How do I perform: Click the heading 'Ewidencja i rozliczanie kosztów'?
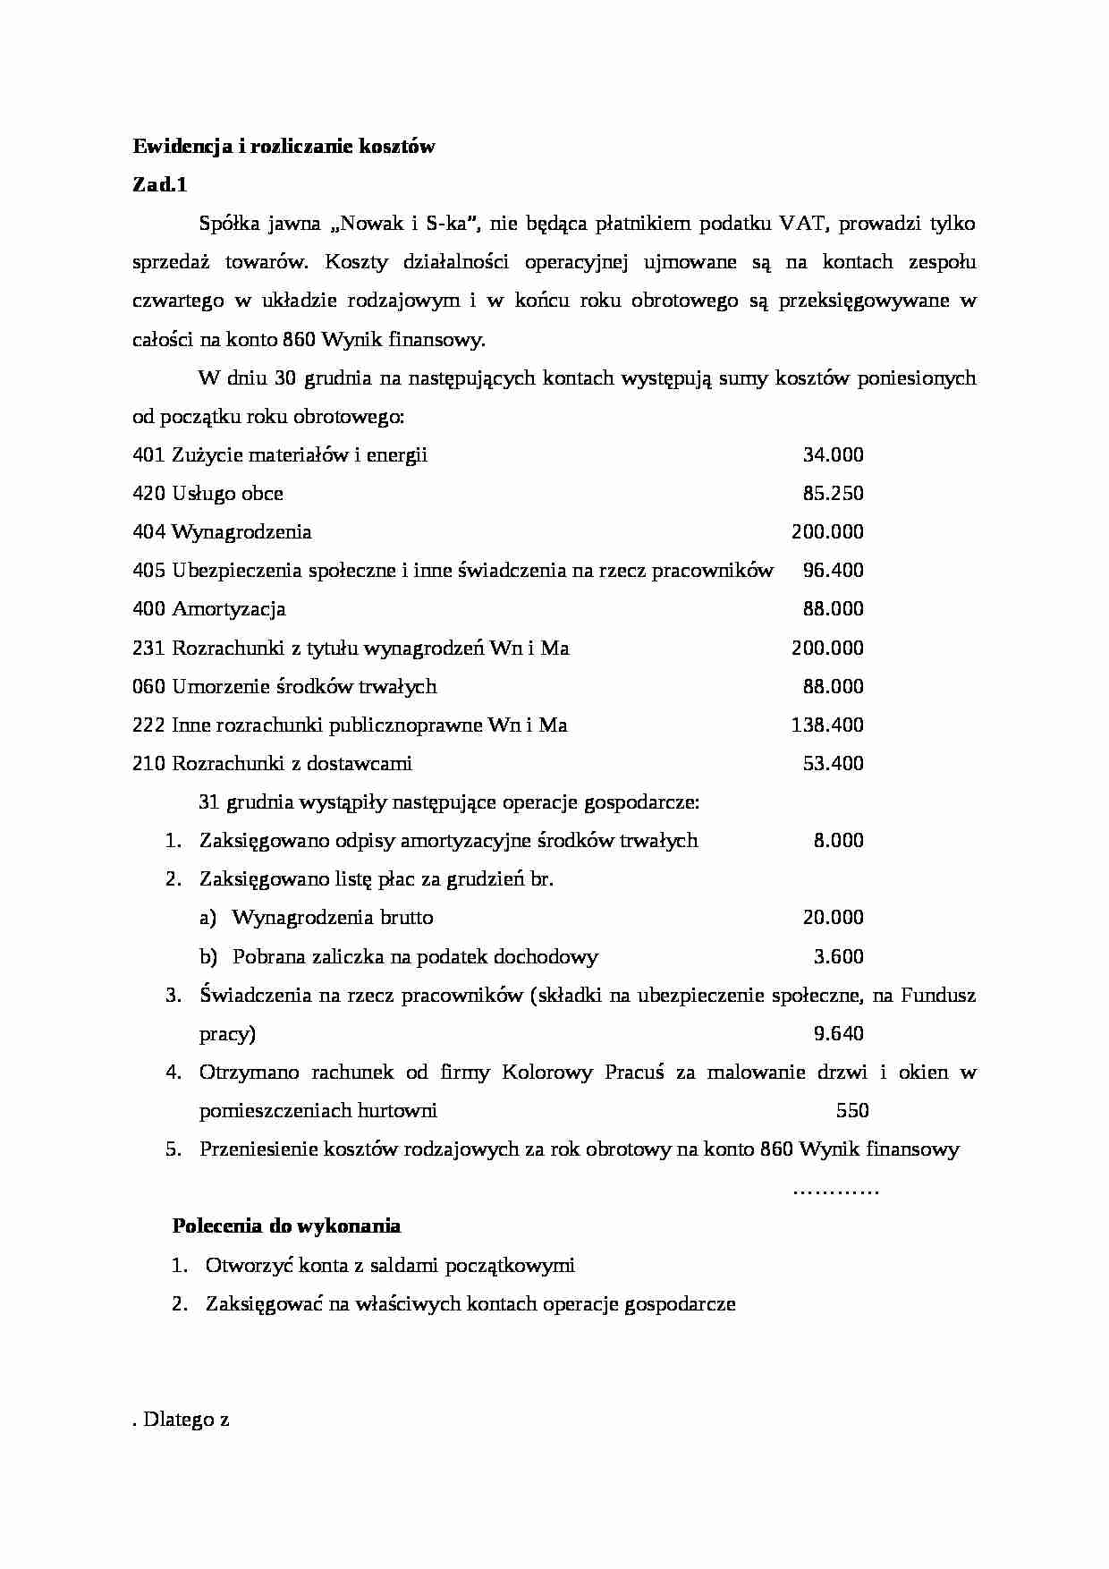tap(284, 147)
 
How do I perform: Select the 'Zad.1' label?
tap(160, 185)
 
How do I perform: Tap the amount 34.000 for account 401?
tap(833, 455)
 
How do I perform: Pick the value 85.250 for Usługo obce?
tap(833, 494)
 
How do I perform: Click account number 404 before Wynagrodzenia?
tap(148, 532)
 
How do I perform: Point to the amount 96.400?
tap(833, 571)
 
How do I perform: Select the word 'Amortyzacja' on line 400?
tap(228, 609)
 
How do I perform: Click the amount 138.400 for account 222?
tap(827, 725)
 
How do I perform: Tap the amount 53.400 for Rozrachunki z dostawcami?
tap(833, 764)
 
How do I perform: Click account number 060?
tap(148, 687)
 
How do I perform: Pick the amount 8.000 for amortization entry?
tap(838, 841)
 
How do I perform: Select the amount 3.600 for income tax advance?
tap(838, 957)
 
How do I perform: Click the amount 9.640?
tap(838, 1034)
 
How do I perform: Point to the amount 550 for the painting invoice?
tap(851, 1111)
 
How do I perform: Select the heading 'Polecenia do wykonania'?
tap(286, 1226)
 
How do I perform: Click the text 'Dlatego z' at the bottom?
tap(186, 1420)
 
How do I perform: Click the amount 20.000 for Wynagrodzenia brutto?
tap(833, 918)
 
